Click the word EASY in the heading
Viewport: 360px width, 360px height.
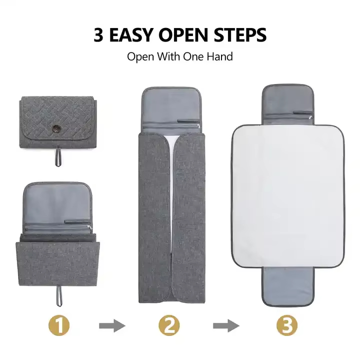(135, 35)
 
